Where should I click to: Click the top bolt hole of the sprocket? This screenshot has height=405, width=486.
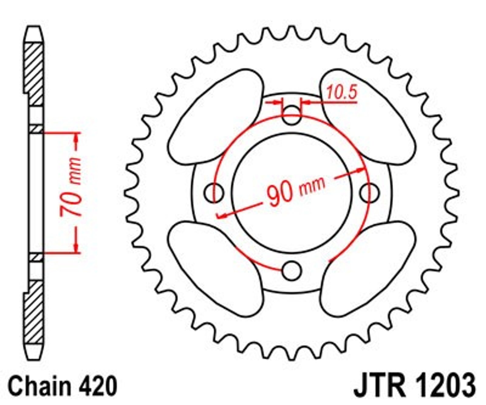[x=292, y=115]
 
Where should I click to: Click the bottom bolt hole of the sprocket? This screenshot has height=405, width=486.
[x=292, y=271]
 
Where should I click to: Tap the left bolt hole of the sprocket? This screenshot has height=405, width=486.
[x=214, y=193]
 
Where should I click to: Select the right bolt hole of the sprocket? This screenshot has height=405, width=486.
[x=369, y=193]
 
